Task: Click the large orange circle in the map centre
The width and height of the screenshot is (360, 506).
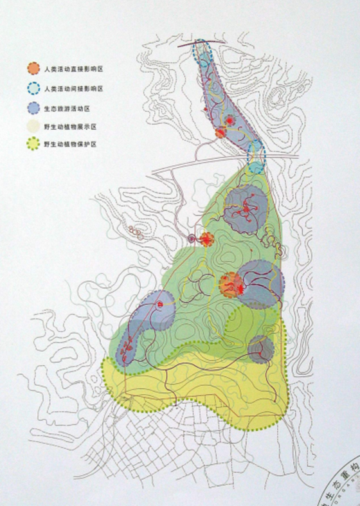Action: pos(230,284)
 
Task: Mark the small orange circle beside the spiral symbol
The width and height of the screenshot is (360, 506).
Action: pos(206,240)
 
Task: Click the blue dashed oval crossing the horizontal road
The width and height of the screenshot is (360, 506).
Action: pos(256,156)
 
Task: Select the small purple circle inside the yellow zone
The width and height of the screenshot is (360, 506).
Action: pos(261,349)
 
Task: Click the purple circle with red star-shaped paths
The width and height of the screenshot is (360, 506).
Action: pos(246,208)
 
